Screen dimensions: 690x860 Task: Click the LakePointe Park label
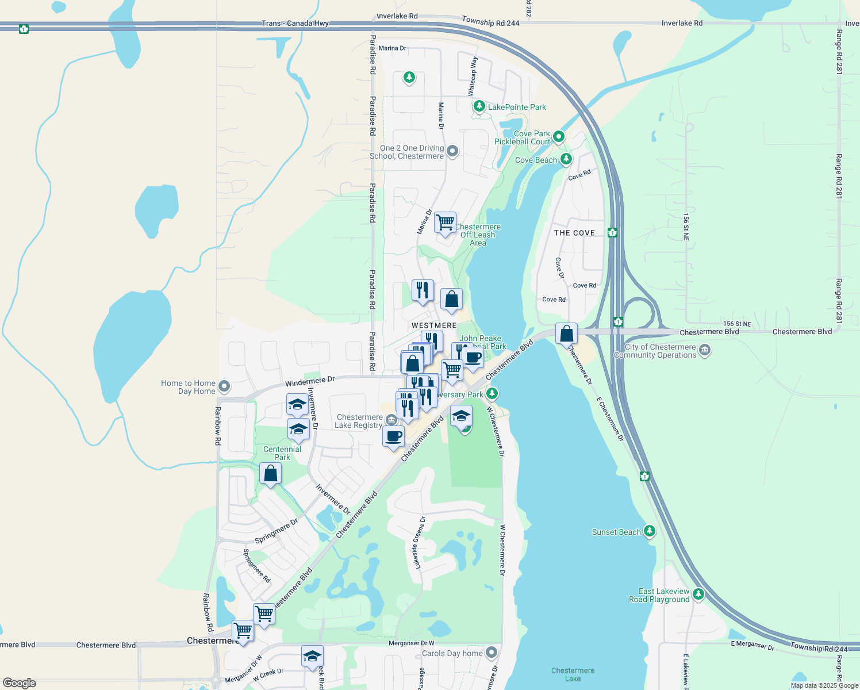[x=517, y=107]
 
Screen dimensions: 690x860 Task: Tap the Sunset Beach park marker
[x=650, y=531]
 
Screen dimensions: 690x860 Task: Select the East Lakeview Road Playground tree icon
[x=698, y=593]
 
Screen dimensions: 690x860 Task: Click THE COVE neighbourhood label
[x=574, y=233]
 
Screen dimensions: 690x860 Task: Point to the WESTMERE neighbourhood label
[x=434, y=325]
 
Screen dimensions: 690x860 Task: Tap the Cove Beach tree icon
[x=566, y=159]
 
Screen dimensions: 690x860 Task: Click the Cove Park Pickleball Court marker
[x=558, y=137]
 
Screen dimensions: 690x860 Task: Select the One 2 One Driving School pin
[x=452, y=151]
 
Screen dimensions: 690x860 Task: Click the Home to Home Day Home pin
[x=225, y=386]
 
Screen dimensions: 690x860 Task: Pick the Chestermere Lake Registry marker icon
[x=391, y=420]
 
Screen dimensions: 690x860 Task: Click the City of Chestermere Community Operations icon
[x=705, y=350]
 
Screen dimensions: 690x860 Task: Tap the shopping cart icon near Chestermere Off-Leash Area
[x=446, y=222]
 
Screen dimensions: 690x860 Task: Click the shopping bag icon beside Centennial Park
[x=270, y=474]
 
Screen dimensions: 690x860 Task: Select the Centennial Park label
[x=282, y=453]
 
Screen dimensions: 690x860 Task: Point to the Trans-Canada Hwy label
[x=295, y=23]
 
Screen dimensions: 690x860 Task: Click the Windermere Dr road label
[x=310, y=381]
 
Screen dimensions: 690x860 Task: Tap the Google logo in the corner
[x=20, y=683]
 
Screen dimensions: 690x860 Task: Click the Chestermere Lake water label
[x=573, y=674]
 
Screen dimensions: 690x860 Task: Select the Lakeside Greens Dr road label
[x=419, y=543]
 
